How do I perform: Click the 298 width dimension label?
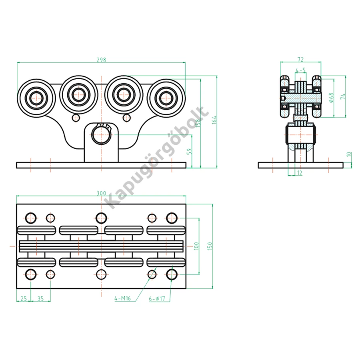click(x=101, y=60)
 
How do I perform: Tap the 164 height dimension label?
click(x=214, y=120)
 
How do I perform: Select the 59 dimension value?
click(x=189, y=151)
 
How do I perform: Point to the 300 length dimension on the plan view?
click(x=101, y=193)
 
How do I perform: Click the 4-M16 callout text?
click(x=123, y=298)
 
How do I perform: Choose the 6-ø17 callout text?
click(x=157, y=298)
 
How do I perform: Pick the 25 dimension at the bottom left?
click(x=24, y=298)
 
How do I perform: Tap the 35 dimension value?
click(x=40, y=298)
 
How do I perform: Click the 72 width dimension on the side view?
click(x=300, y=60)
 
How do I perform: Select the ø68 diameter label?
click(x=331, y=98)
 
